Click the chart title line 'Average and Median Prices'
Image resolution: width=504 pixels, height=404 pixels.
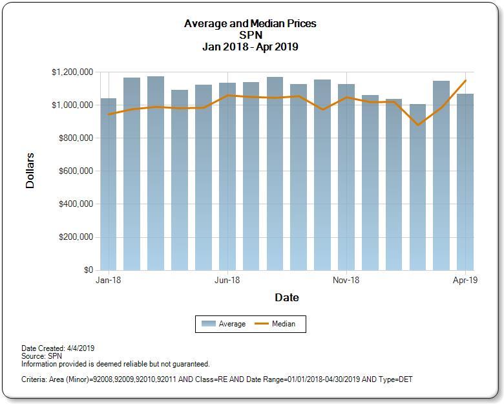click(x=251, y=24)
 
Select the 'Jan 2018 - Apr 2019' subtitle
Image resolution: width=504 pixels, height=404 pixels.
click(x=251, y=46)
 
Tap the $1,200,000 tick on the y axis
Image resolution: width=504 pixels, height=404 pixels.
click(x=72, y=72)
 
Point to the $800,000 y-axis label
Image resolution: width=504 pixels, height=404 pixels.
click(x=72, y=138)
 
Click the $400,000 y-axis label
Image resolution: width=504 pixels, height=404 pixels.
click(x=72, y=204)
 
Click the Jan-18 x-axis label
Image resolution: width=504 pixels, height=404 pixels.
click(x=108, y=281)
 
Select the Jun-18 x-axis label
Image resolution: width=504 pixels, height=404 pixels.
click(x=227, y=281)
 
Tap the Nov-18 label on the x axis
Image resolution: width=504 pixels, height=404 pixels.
click(x=346, y=281)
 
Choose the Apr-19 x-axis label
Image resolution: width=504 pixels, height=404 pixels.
click(x=465, y=281)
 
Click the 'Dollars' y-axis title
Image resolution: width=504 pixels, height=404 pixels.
click(x=30, y=171)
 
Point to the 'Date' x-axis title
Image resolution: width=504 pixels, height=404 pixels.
click(x=287, y=297)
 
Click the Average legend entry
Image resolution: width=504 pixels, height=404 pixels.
click(x=224, y=324)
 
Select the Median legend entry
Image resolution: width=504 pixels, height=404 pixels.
click(x=275, y=324)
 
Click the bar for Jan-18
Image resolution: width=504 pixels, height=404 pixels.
click(x=108, y=187)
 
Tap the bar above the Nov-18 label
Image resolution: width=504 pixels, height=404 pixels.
click(x=346, y=181)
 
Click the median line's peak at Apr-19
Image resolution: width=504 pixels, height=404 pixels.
click(x=465, y=81)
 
